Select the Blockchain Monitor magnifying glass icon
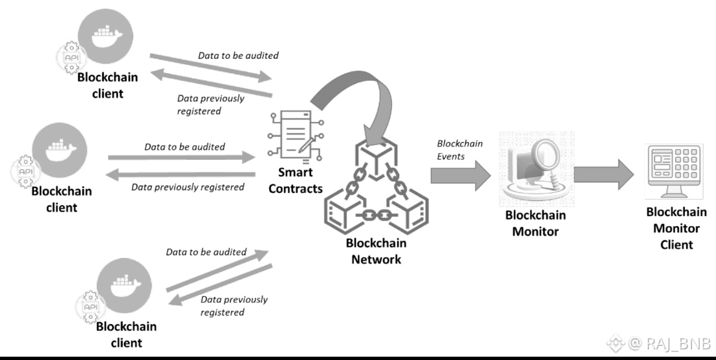(x=536, y=168)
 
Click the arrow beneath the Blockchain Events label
(x=460, y=175)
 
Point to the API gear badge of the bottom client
(x=89, y=308)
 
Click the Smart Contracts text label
(x=296, y=180)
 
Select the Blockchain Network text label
(x=376, y=251)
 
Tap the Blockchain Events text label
(x=459, y=150)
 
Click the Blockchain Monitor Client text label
(x=676, y=228)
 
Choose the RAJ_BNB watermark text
(x=669, y=343)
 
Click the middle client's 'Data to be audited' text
(x=184, y=147)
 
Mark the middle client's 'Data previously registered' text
(x=188, y=187)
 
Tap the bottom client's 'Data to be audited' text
(x=206, y=252)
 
